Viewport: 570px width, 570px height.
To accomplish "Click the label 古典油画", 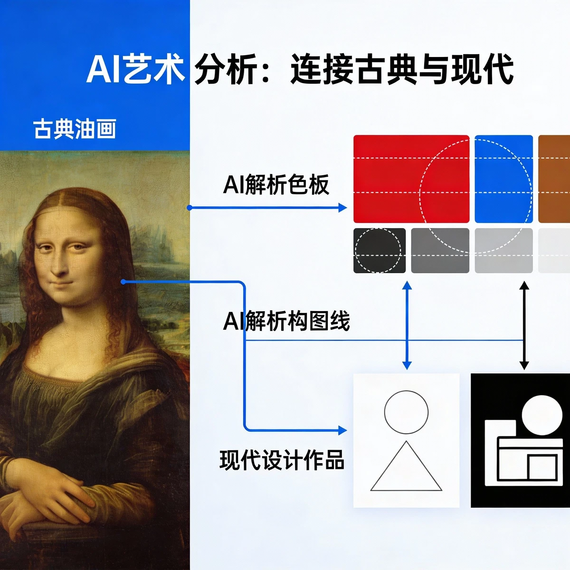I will pos(75,129).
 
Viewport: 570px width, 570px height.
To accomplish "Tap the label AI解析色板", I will pos(276,185).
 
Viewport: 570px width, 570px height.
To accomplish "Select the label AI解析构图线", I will pos(286,322).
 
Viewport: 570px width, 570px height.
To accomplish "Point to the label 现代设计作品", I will pos(282,460).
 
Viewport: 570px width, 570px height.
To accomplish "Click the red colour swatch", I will pos(411,179).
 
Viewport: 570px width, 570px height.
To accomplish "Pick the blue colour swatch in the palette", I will pos(503,179).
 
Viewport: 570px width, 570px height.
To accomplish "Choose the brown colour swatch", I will pos(554,179).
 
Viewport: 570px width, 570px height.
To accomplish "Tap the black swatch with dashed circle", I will pos(379,251).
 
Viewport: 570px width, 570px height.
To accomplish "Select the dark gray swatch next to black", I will pos(440,251).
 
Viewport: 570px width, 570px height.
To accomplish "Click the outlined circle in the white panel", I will pos(406,412).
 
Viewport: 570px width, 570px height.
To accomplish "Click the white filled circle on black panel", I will pos(542,412).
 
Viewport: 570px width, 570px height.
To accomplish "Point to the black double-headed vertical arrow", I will pos(524,325).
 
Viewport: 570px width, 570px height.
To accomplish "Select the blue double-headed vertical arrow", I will pos(407,325).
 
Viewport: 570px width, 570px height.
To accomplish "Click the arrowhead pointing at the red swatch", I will pos(342,208).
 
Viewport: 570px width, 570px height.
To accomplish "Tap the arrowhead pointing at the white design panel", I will pos(342,430).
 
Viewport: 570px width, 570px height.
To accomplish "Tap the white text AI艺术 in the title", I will pos(135,69).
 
